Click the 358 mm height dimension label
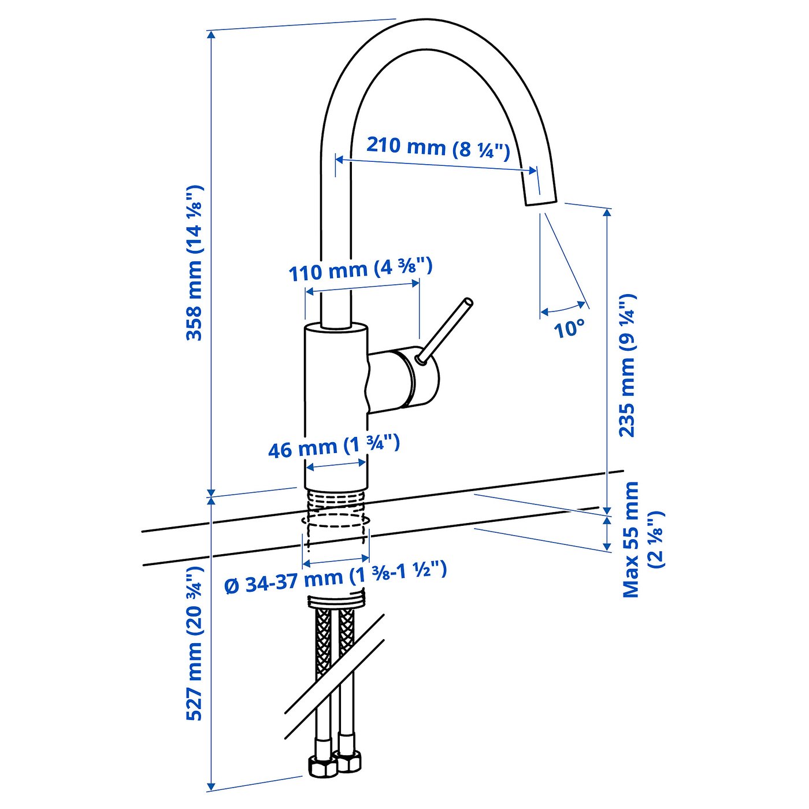pyautogui.click(x=195, y=263)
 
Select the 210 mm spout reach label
pyautogui.click(x=438, y=147)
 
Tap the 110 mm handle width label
pyautogui.click(x=360, y=269)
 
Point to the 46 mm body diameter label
pyautogui.click(x=334, y=447)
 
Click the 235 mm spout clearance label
pyautogui.click(x=627, y=365)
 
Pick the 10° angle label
pyautogui.click(x=569, y=329)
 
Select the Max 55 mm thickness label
pyautogui.click(x=641, y=540)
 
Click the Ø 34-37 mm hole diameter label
pyautogui.click(x=335, y=578)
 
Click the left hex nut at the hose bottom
pyautogui.click(x=322, y=766)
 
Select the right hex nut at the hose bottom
pyautogui.click(x=348, y=762)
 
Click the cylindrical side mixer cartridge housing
pyautogui.click(x=404, y=378)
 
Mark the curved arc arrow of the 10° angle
pyautogui.click(x=563, y=308)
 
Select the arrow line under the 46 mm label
pyautogui.click(x=335, y=465)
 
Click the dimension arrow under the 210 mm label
pyautogui.click(x=436, y=165)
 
